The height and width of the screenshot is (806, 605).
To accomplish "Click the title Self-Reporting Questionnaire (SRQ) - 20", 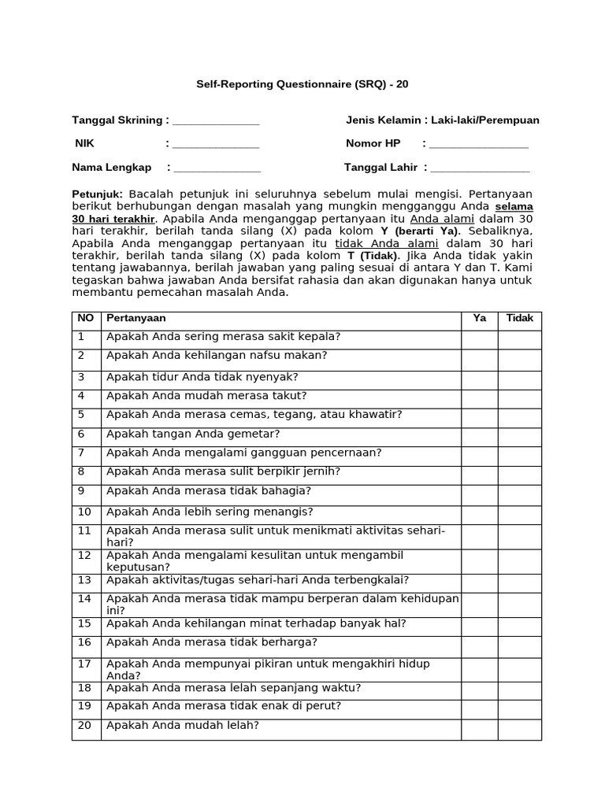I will tap(302, 83).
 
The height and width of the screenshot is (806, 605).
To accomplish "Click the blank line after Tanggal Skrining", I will tap(216, 122).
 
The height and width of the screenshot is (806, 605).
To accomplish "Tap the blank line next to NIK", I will tap(216, 145).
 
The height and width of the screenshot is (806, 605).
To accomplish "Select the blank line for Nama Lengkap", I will tap(217, 168).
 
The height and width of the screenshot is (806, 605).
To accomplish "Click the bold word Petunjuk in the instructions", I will tap(97, 193).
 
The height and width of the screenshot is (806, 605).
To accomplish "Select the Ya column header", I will tap(479, 319).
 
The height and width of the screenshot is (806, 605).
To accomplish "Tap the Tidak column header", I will tap(519, 319).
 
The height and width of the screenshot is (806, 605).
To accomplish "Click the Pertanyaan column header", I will tap(136, 319).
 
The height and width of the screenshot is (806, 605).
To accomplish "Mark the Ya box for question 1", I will tap(479, 338).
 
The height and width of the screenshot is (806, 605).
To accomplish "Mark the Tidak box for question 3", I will tap(519, 379).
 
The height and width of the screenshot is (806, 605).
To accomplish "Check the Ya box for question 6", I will tap(479, 436).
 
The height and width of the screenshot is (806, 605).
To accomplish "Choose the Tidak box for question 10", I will tap(519, 514).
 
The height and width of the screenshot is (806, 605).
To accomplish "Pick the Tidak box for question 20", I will tap(519, 729).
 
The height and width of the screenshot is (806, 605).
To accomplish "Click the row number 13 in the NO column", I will tap(85, 581).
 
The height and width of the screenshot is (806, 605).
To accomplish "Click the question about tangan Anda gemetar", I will tap(193, 434).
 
